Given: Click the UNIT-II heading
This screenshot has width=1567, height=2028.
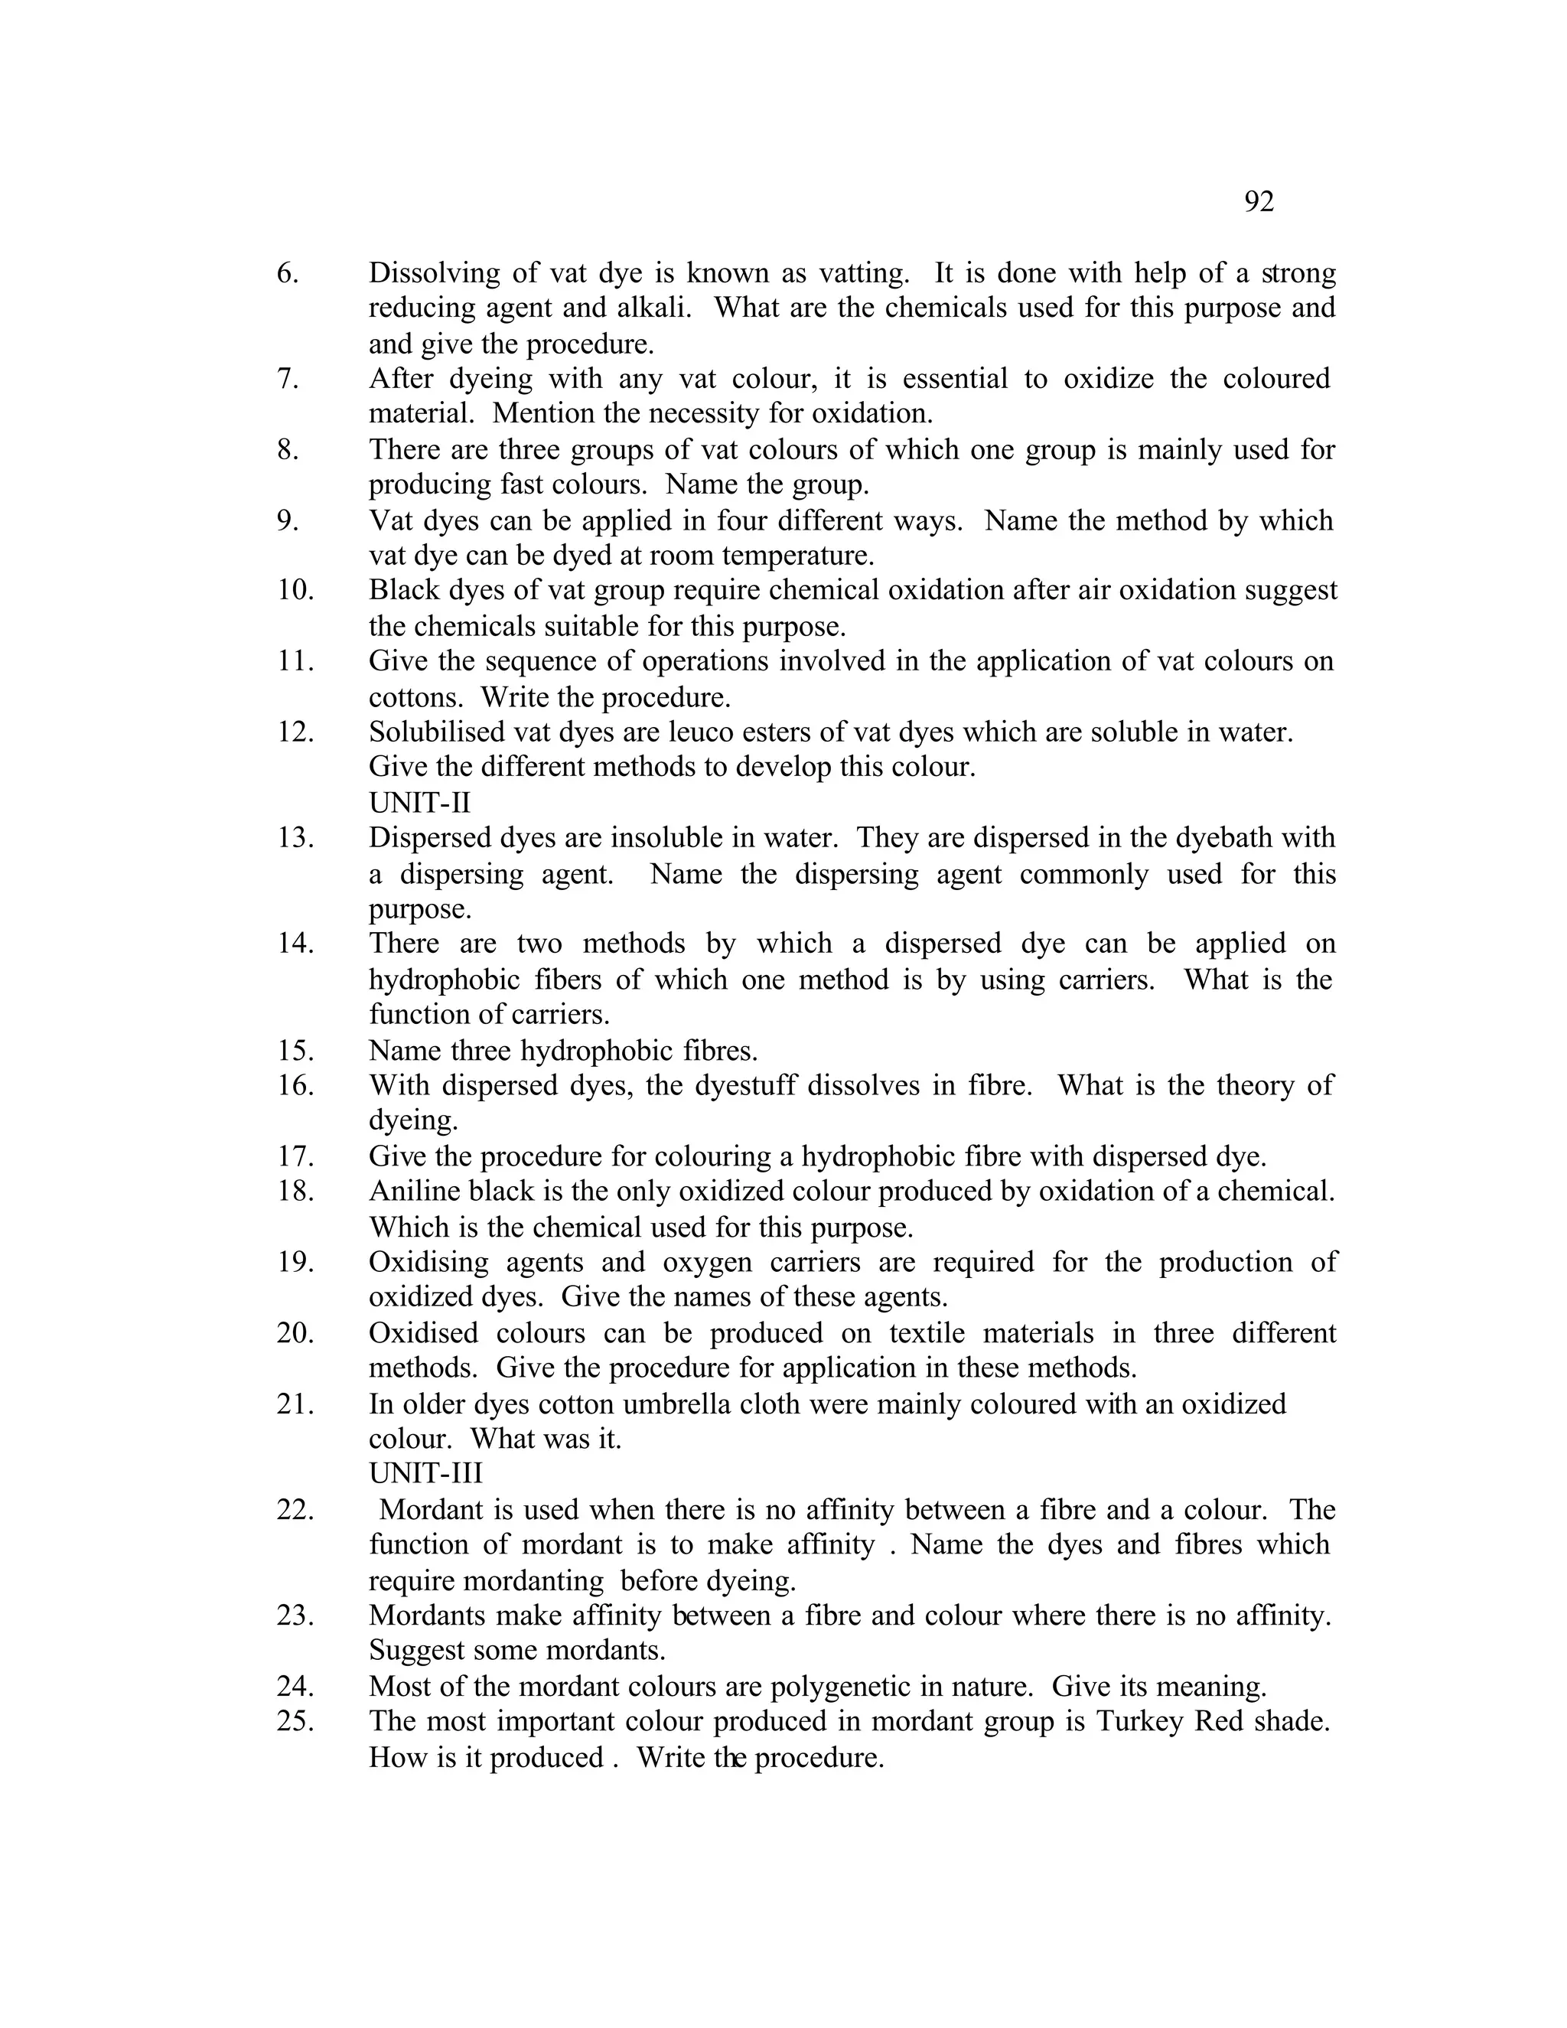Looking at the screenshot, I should click(419, 802).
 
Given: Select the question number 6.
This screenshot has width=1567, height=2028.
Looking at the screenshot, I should click(288, 273).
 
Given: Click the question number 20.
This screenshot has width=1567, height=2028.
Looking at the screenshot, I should click(295, 1332).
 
